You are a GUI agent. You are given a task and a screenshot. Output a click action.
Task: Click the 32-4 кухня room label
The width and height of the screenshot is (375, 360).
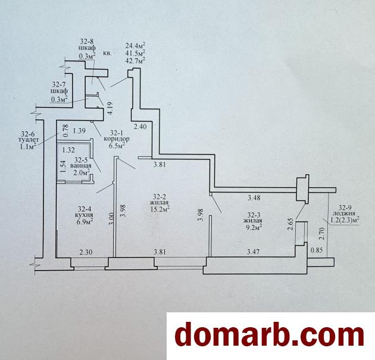pos(83,215)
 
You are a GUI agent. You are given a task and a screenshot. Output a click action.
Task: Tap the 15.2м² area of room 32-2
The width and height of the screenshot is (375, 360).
pos(160,209)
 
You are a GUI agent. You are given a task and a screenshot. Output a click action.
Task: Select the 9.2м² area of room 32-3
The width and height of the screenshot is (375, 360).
pos(253,227)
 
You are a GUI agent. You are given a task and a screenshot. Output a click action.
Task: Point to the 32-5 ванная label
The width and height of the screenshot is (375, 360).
pos(80,166)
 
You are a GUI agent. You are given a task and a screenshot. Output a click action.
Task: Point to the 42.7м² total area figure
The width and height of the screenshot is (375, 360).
pos(136,59)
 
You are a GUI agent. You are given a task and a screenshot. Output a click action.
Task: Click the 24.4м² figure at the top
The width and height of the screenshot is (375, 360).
pos(136,45)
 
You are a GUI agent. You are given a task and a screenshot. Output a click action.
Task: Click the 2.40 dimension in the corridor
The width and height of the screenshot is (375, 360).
pos(140,126)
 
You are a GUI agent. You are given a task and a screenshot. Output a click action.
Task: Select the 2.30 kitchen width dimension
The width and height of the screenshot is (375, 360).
pos(86,252)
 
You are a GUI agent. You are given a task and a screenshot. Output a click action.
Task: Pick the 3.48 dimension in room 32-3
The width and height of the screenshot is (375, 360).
pos(254,198)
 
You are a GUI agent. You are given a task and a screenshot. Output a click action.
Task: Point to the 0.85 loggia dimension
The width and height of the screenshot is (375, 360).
pos(317,250)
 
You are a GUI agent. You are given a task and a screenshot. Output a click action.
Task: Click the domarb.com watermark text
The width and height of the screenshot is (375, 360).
pos(270,334)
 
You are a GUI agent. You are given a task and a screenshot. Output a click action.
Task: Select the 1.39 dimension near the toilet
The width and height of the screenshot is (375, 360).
pos(79,131)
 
